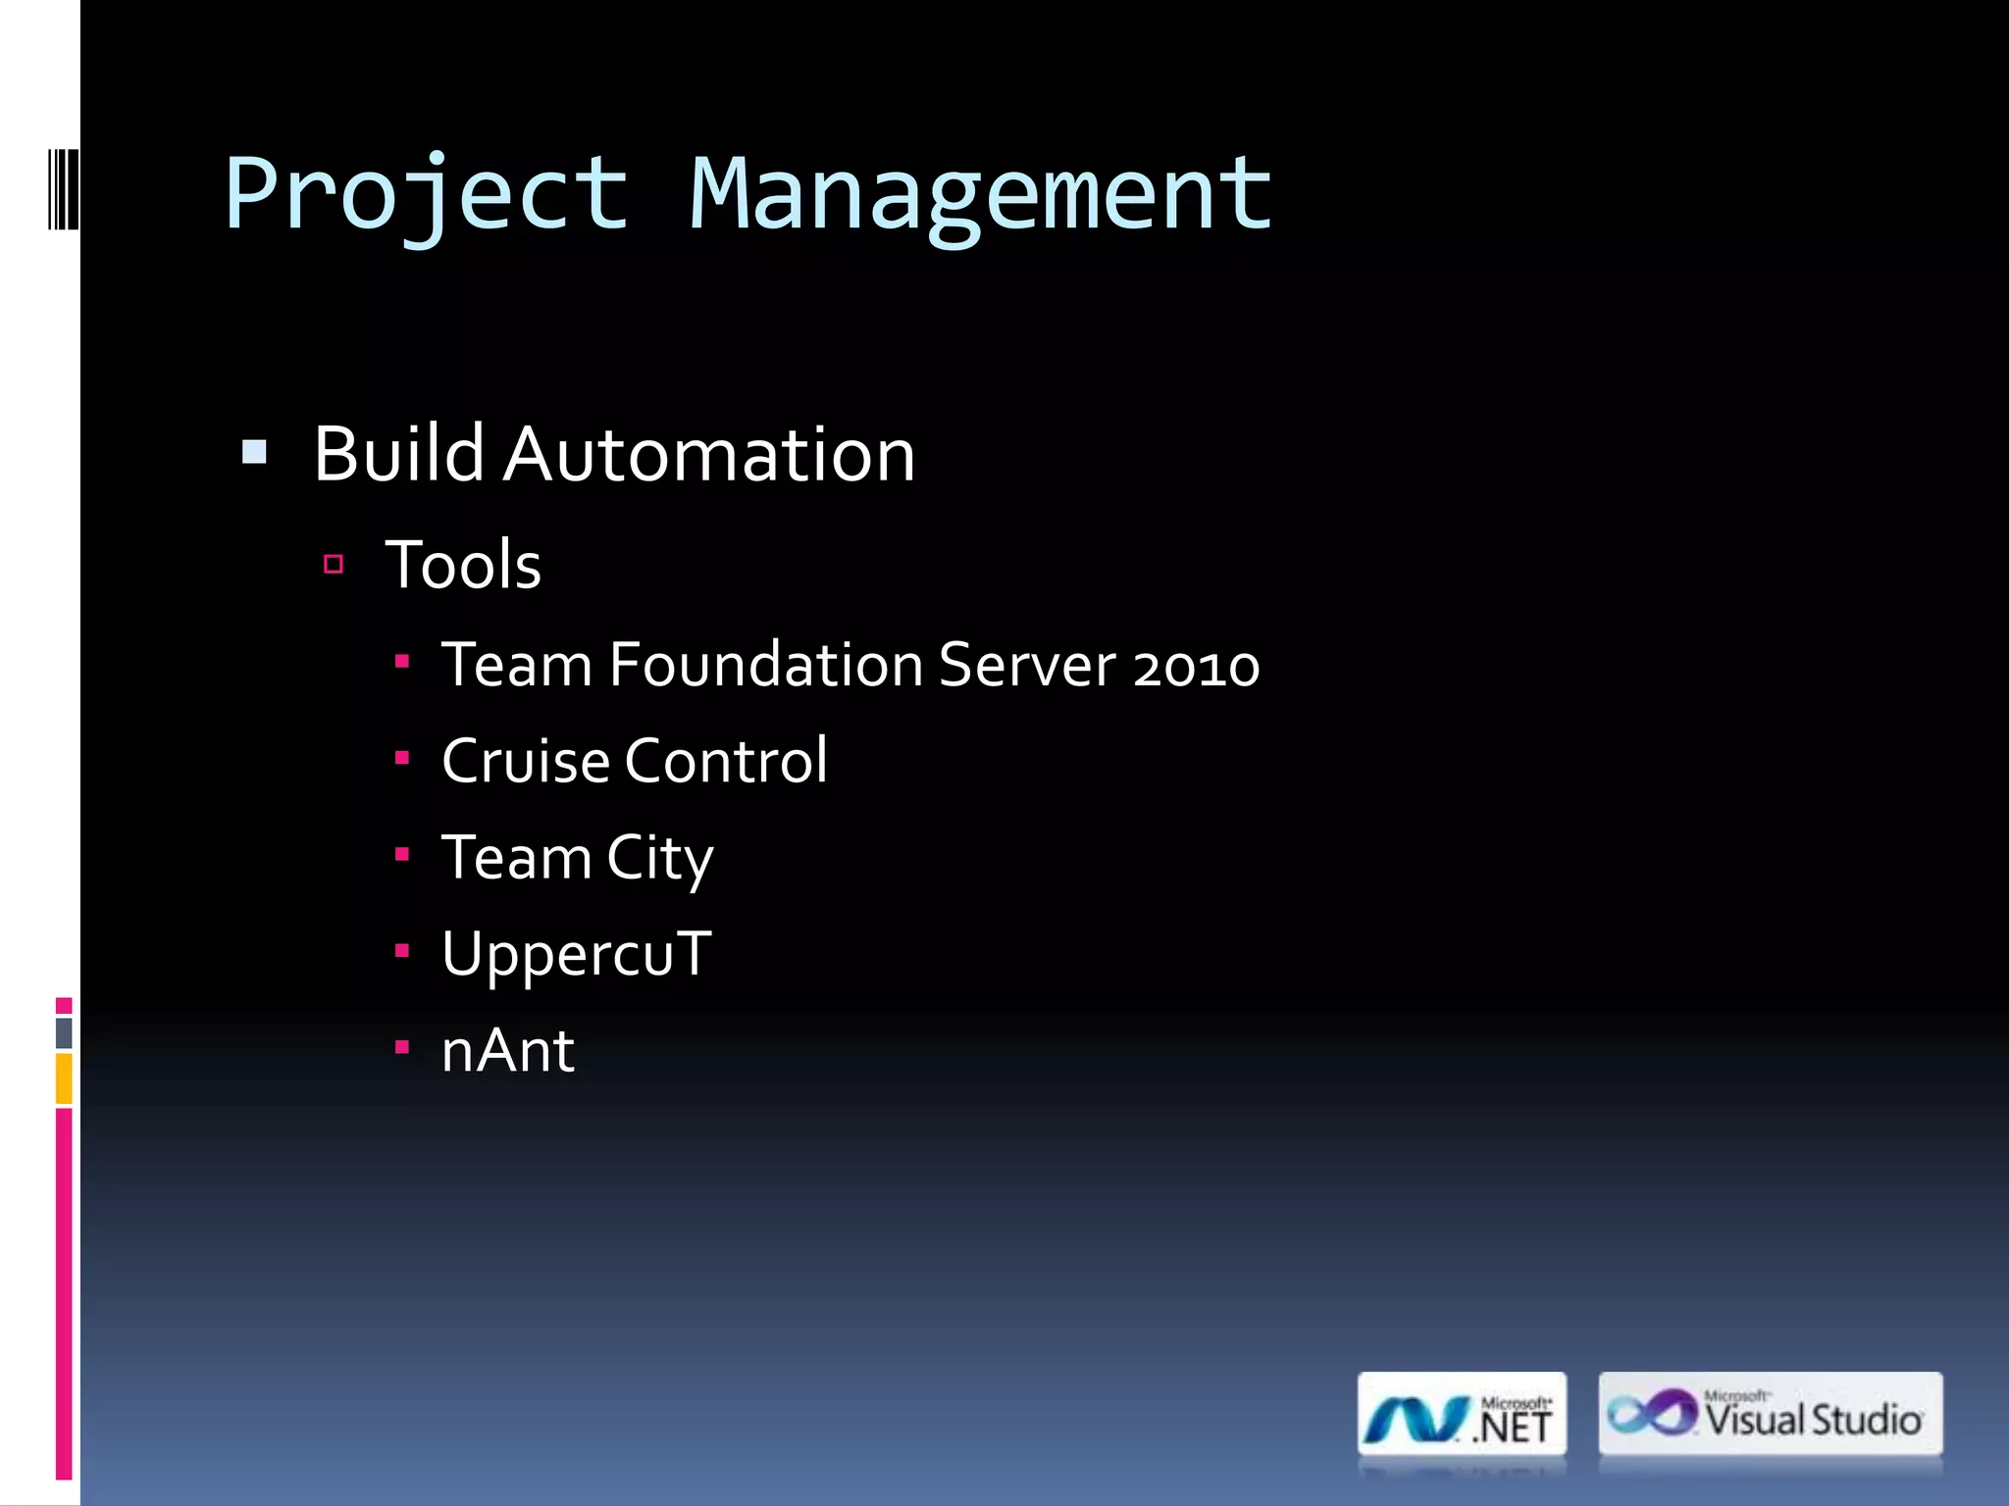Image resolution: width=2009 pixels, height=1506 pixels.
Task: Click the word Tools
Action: (463, 565)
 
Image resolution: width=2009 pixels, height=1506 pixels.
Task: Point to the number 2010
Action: (1196, 667)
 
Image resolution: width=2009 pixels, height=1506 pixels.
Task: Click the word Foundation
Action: (766, 665)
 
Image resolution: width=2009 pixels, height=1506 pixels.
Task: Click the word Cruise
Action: (526, 761)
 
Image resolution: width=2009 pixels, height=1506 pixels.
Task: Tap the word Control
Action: (727, 761)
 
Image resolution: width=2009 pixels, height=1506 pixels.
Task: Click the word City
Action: (659, 859)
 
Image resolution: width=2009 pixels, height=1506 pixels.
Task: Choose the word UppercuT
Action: (577, 954)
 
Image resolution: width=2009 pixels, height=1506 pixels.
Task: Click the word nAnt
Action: (508, 1051)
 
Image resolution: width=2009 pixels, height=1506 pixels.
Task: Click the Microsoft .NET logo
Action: (1462, 1414)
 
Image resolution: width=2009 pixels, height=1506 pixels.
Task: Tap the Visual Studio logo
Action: (1770, 1414)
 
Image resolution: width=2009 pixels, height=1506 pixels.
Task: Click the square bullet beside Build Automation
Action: (254, 452)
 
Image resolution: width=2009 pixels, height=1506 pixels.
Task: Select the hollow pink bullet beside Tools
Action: (334, 564)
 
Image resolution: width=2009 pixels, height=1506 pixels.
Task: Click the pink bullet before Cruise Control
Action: (401, 757)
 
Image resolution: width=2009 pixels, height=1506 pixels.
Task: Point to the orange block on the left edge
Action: (64, 1079)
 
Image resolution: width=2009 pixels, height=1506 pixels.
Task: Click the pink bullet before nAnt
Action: (401, 1047)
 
